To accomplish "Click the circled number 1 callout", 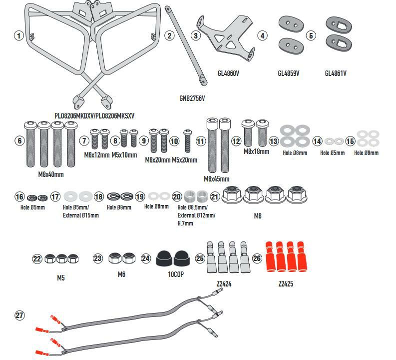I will point(19,35).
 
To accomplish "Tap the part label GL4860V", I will point(228,73).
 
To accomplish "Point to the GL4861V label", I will point(336,73).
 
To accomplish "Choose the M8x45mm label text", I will point(217,178).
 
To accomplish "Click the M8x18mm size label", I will point(256,151).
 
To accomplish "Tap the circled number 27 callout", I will point(19,315).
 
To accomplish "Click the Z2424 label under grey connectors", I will point(224,284).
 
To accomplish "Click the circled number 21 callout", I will point(215,196).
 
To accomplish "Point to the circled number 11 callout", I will point(200,141).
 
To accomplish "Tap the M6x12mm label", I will point(97,155).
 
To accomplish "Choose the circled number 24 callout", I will point(146,258).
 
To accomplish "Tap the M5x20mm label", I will point(185,160).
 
